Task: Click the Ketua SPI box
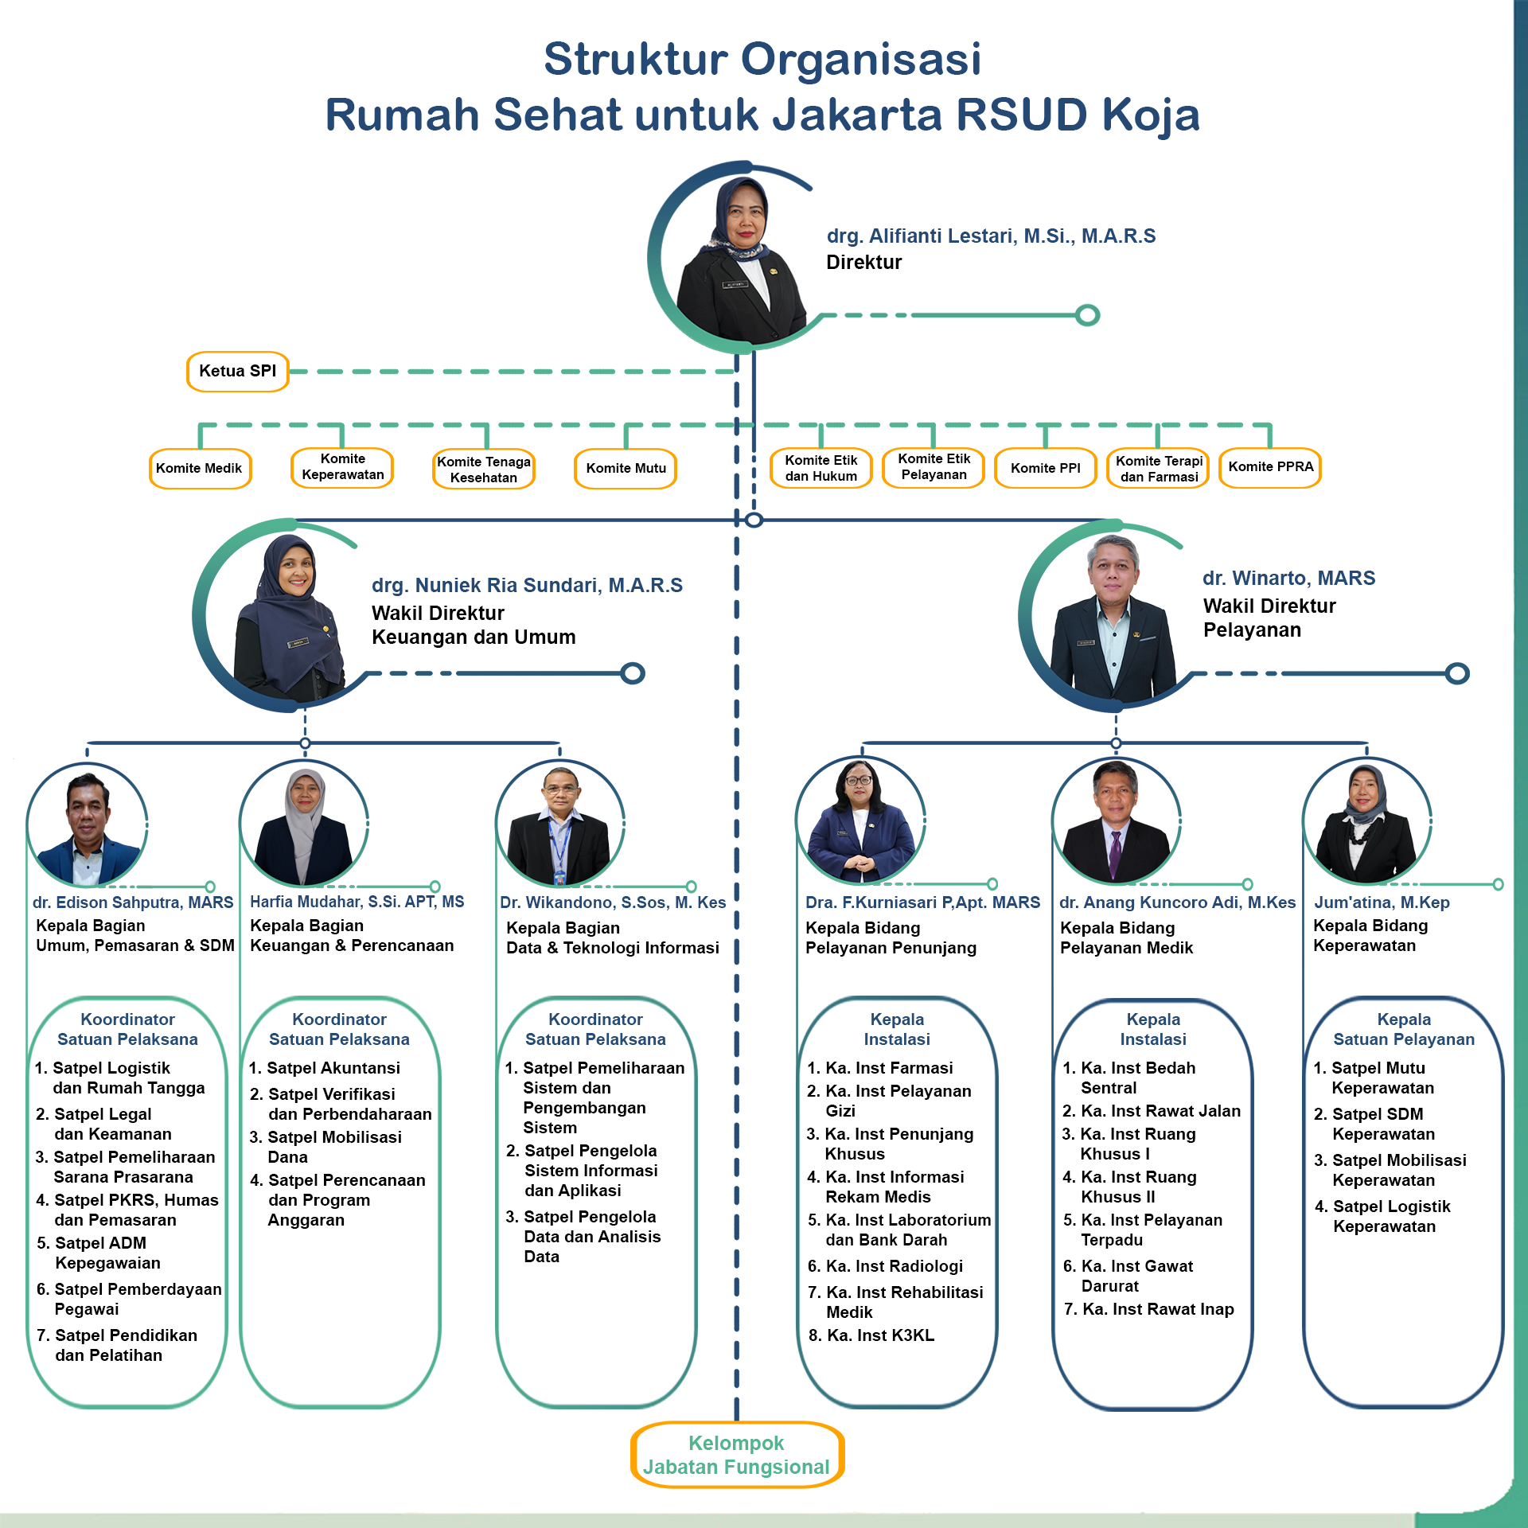pyautogui.click(x=237, y=372)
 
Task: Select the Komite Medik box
pyautogui.click(x=200, y=468)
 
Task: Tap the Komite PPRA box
pyautogui.click(x=1270, y=467)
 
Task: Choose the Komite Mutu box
pyautogui.click(x=626, y=468)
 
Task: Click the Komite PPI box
pyautogui.click(x=1045, y=468)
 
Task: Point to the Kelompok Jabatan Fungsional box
pyautogui.click(x=736, y=1455)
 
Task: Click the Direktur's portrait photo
pyautogui.click(x=740, y=259)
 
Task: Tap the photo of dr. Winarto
pyautogui.click(x=1112, y=617)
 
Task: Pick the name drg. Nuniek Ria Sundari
pyautogui.click(x=527, y=586)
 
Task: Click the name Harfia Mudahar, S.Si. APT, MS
pyautogui.click(x=357, y=902)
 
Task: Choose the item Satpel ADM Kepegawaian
pyautogui.click(x=99, y=1253)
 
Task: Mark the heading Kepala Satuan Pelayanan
pyautogui.click(x=1403, y=1029)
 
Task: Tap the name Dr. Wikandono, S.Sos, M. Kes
pyautogui.click(x=612, y=902)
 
